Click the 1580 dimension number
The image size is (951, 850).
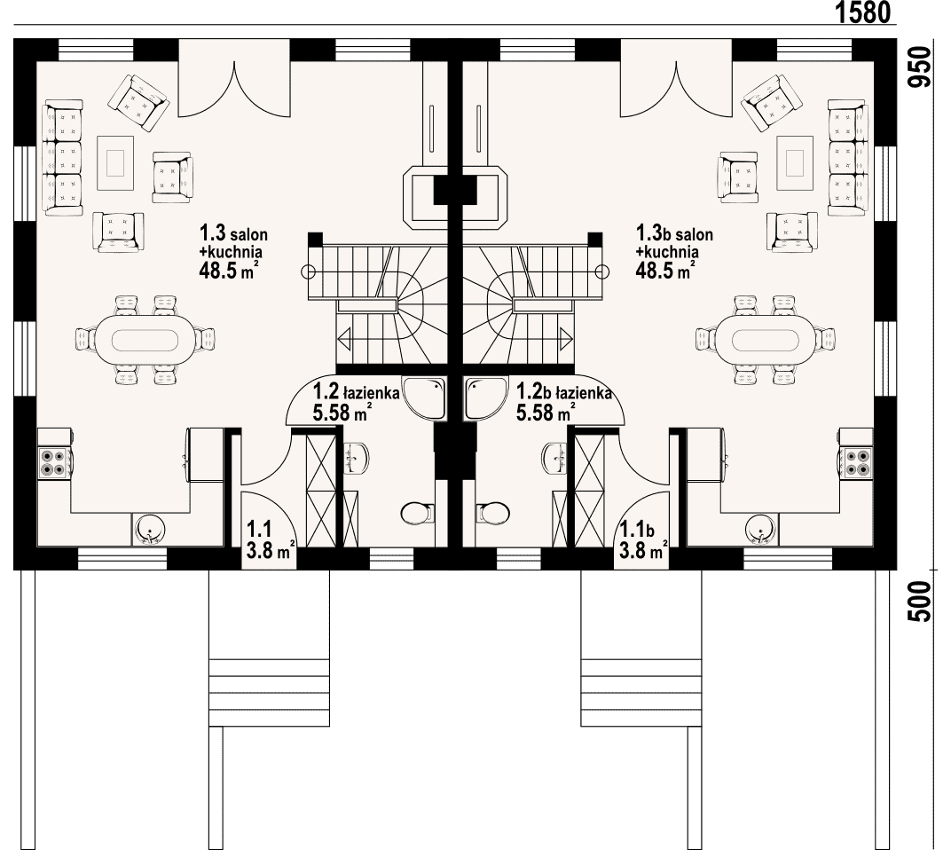(863, 12)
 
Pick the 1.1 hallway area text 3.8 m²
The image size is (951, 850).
(271, 551)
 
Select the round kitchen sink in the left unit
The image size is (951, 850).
(149, 529)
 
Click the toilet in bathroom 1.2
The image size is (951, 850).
(418, 513)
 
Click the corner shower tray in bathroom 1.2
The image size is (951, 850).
(425, 398)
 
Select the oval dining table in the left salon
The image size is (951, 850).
(145, 340)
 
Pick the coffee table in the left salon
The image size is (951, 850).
(115, 162)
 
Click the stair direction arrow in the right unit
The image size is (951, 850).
(567, 337)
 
